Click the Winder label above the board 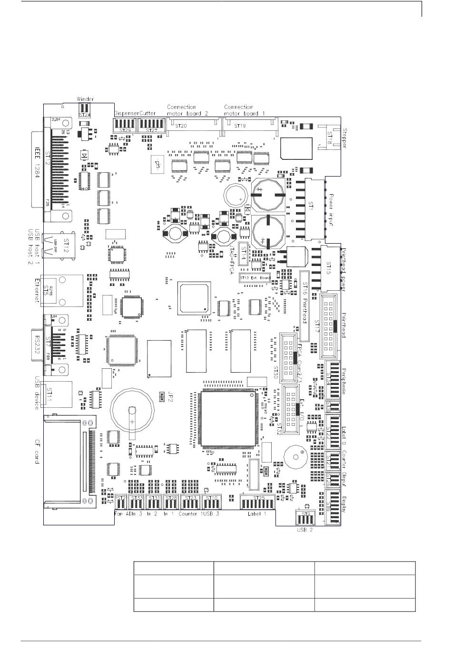coord(85,99)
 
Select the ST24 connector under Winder coord(84,111)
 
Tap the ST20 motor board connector coord(182,126)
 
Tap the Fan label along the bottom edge coord(119,514)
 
